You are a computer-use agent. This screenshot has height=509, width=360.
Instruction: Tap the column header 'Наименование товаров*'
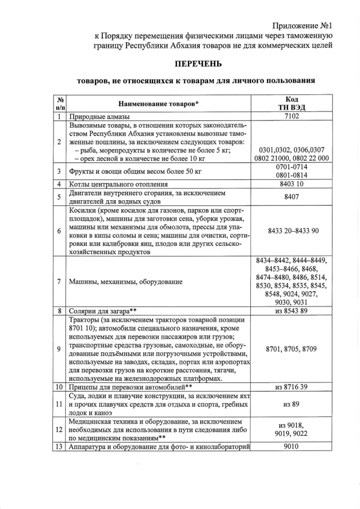pyautogui.click(x=159, y=103)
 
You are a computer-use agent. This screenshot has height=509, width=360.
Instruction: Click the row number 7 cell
pyautogui.click(x=59, y=281)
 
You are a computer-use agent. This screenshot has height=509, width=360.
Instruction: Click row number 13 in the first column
pyautogui.click(x=59, y=447)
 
